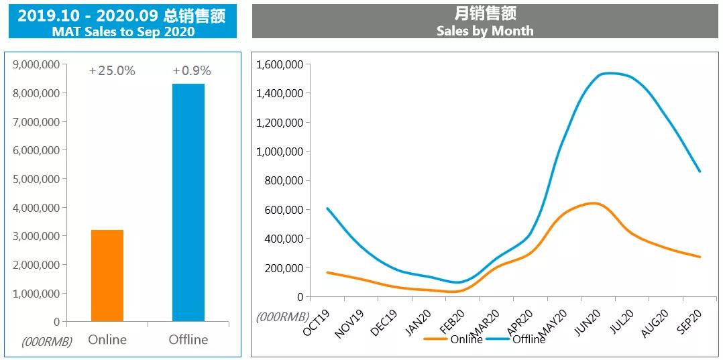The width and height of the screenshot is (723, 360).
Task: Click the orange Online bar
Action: tap(107, 276)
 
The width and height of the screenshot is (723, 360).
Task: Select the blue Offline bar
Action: tap(188, 202)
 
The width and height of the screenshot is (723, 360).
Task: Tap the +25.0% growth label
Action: tap(112, 71)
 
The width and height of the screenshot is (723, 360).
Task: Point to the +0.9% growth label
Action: tap(192, 71)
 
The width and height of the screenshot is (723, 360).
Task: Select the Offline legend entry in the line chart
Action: tap(529, 339)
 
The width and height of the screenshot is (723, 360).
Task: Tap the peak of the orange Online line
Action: tap(593, 202)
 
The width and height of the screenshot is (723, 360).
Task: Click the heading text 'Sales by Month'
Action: tap(485, 31)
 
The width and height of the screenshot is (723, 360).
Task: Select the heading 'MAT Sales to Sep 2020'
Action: tap(123, 32)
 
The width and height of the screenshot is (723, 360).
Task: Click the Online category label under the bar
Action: tap(107, 339)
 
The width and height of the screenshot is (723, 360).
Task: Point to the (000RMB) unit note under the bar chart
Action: tap(47, 342)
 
